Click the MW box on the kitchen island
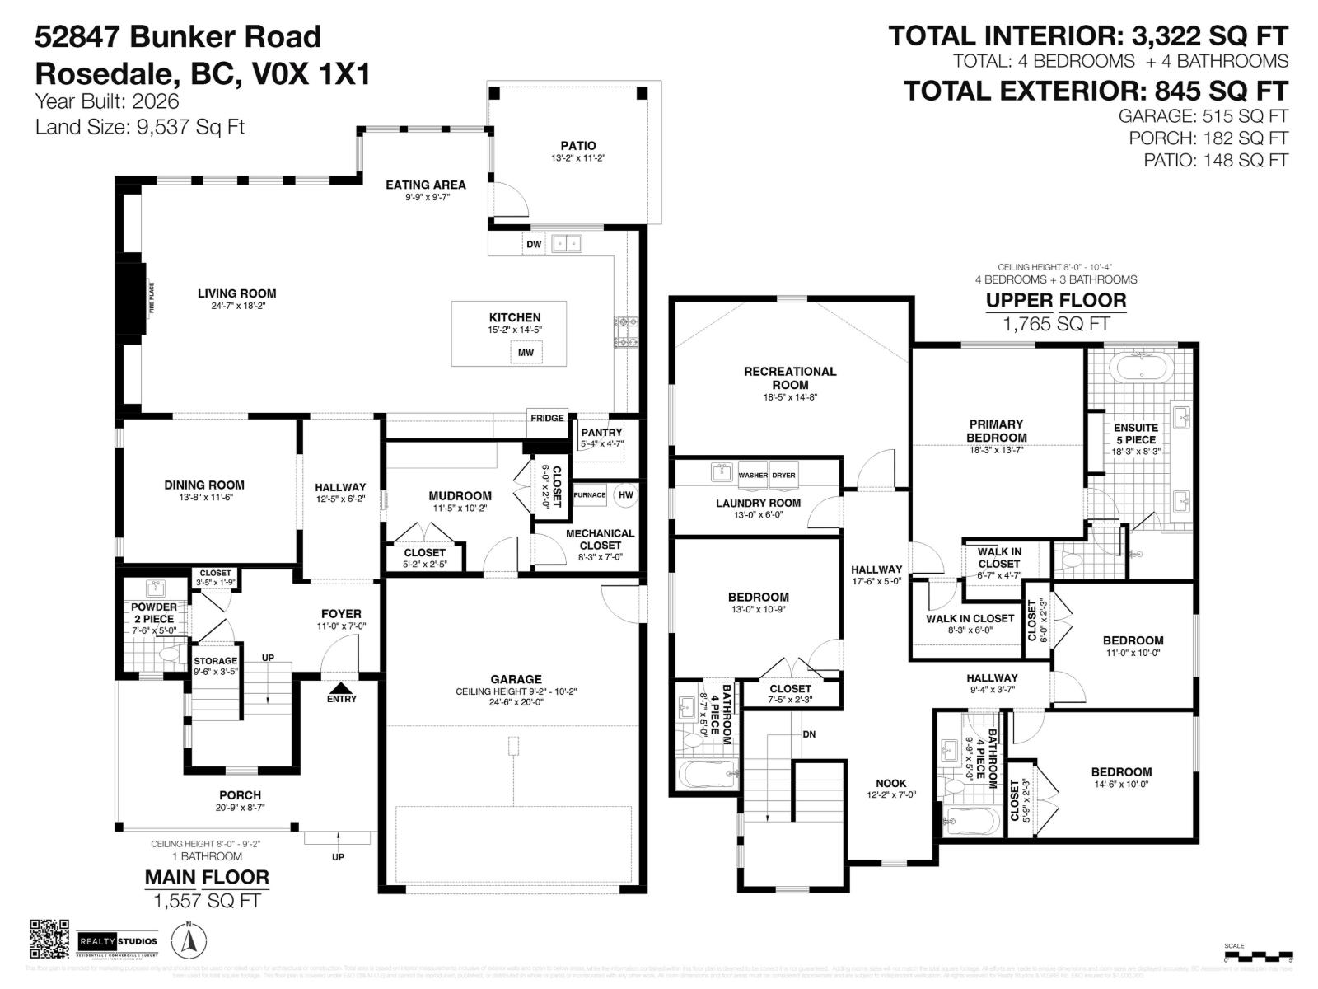click(526, 353)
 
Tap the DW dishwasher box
click(534, 244)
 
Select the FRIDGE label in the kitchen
click(547, 418)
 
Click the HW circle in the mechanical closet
click(626, 494)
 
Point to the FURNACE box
click(590, 494)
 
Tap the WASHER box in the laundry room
click(753, 475)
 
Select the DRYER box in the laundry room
click(783, 475)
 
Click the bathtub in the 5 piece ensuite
click(1141, 366)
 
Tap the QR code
click(49, 940)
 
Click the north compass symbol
click(189, 940)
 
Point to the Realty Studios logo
click(118, 941)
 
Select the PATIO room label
click(578, 146)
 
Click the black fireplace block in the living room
click(133, 298)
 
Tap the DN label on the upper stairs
click(809, 734)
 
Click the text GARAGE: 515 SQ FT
click(1203, 116)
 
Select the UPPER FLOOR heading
click(1056, 300)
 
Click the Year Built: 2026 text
click(107, 101)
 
